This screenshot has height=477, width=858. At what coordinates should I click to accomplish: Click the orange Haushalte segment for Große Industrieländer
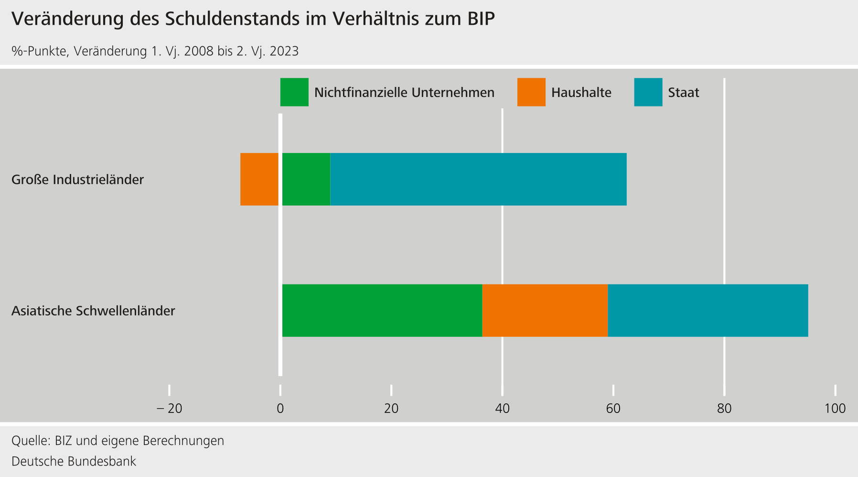[259, 179]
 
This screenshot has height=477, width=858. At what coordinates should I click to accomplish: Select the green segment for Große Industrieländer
[306, 179]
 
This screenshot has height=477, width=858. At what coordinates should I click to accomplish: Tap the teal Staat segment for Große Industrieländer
[478, 179]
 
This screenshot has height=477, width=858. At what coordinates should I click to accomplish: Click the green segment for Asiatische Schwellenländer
[382, 311]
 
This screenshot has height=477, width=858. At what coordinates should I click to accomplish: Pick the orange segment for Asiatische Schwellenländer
[545, 311]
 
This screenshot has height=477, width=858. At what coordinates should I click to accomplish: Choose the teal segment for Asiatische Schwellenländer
[708, 311]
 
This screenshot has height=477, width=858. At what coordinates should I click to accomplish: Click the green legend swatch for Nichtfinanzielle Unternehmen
[294, 92]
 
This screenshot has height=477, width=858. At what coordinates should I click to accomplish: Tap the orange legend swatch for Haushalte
[531, 92]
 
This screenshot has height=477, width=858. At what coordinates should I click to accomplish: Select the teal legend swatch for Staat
[648, 92]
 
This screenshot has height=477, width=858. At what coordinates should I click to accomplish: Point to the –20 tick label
[169, 409]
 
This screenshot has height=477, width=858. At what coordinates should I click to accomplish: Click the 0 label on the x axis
[280, 409]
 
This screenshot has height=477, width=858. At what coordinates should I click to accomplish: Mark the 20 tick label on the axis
[391, 409]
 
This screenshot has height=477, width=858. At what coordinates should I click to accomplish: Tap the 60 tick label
[613, 409]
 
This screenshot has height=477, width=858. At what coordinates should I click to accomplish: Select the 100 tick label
[835, 409]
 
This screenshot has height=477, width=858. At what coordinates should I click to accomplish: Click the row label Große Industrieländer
[77, 180]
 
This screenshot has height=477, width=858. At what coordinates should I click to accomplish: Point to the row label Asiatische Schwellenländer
[93, 311]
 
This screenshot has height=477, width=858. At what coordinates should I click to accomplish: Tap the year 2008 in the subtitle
[198, 51]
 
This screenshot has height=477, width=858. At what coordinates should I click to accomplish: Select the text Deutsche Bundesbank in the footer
[74, 461]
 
